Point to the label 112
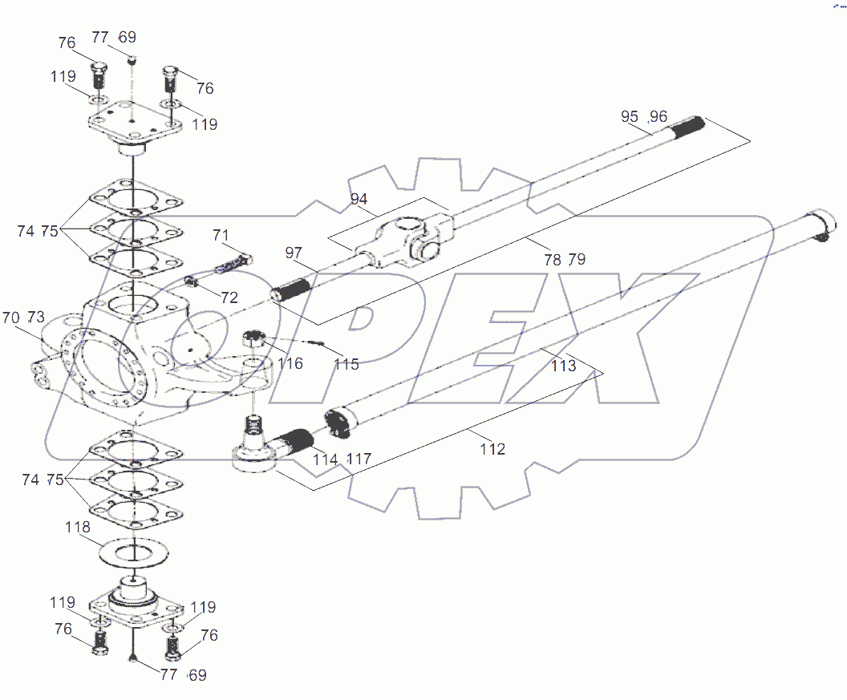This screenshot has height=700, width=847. pyautogui.click(x=492, y=450)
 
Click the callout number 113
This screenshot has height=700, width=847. pyautogui.click(x=563, y=366)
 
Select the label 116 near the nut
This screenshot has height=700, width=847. pyautogui.click(x=290, y=364)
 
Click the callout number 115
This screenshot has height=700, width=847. pyautogui.click(x=346, y=364)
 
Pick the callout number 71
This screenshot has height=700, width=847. pyautogui.click(x=221, y=235)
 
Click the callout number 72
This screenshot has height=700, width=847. pyautogui.click(x=229, y=297)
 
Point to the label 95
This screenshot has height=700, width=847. pyautogui.click(x=630, y=116)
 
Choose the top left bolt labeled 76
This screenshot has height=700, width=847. pyautogui.click(x=99, y=75)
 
